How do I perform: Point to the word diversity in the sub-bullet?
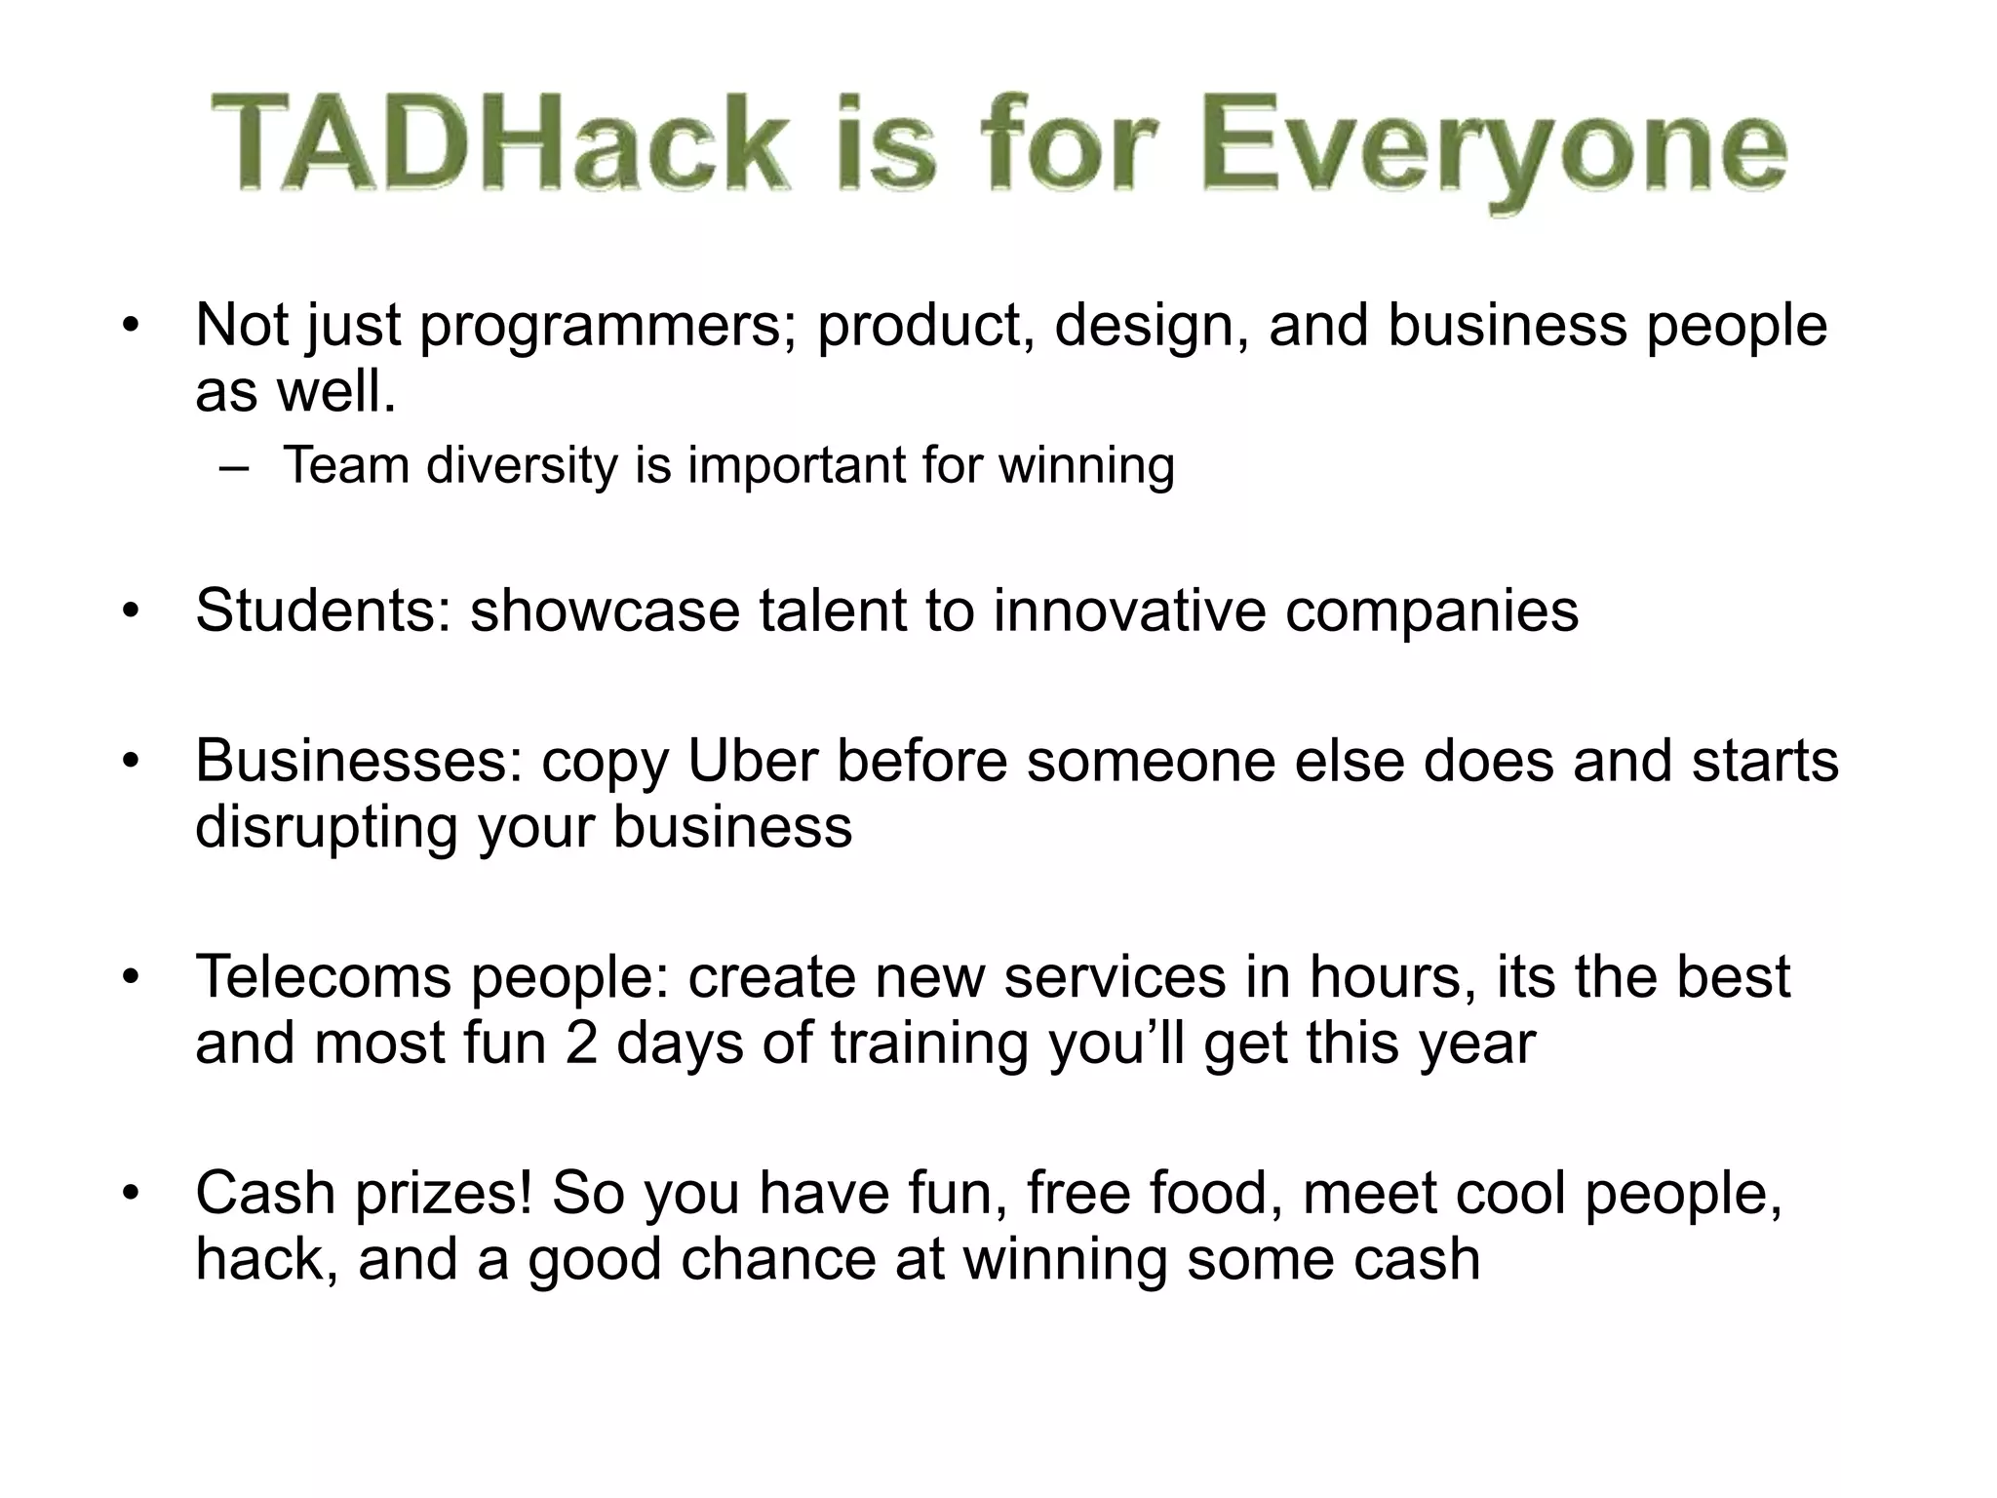click(x=522, y=465)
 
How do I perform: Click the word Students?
click(x=323, y=611)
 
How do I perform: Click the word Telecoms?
click(x=323, y=976)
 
